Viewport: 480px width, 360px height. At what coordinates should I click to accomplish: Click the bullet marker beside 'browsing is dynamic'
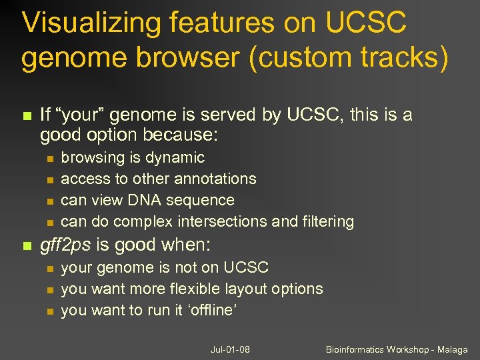[x=49, y=158]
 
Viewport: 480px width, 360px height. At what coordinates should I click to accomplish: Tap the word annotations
[x=215, y=179]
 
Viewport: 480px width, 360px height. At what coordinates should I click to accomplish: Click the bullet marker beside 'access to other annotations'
[x=49, y=179]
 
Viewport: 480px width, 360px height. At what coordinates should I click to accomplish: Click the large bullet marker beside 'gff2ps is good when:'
[x=27, y=246]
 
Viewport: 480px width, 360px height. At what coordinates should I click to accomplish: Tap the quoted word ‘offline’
[x=211, y=311]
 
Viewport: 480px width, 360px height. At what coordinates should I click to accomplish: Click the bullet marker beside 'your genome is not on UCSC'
[x=49, y=268]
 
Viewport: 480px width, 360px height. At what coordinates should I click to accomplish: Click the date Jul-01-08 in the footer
[x=230, y=350]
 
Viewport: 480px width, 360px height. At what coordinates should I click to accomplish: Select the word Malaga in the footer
[x=451, y=350]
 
